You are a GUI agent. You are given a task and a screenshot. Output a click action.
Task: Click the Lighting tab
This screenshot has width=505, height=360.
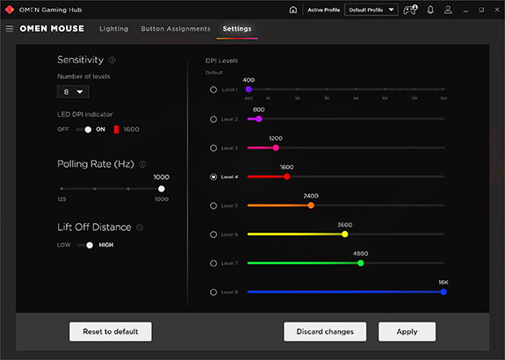pos(114,29)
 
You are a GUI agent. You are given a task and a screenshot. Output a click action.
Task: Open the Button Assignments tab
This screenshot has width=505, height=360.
pos(176,29)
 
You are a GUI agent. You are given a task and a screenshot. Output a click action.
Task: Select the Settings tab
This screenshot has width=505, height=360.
pos(237,29)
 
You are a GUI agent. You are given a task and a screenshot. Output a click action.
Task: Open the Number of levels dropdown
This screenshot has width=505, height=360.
pos(74,91)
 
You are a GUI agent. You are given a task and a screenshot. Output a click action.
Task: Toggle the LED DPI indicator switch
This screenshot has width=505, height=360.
pos(83,129)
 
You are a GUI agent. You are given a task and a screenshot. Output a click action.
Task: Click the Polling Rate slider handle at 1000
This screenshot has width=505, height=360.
pos(161,188)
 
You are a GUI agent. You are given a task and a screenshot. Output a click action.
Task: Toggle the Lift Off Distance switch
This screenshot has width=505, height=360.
pos(85,245)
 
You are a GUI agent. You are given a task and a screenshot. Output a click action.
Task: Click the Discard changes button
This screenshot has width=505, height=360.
pos(325,331)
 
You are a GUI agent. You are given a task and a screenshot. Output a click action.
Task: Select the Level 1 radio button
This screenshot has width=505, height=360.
pos(213,90)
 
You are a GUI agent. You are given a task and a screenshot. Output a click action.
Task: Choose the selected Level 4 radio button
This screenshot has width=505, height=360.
pos(213,176)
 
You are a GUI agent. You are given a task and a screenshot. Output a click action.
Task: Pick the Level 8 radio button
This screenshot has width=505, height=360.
pos(213,292)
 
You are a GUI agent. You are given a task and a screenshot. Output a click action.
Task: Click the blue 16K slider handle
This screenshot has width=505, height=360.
pos(444,292)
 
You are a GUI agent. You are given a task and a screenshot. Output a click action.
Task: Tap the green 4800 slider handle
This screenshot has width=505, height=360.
pos(360,263)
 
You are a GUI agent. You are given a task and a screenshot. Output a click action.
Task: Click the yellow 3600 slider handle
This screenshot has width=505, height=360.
pos(344,234)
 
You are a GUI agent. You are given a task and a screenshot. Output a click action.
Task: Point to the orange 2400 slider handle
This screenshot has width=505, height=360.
pos(310,205)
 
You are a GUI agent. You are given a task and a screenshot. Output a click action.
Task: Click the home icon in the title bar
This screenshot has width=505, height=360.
pos(292,10)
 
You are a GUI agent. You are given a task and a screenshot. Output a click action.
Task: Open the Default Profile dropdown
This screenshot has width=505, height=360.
pos(372,10)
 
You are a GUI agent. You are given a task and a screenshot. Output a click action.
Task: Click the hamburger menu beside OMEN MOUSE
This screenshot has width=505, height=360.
pos(10,29)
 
